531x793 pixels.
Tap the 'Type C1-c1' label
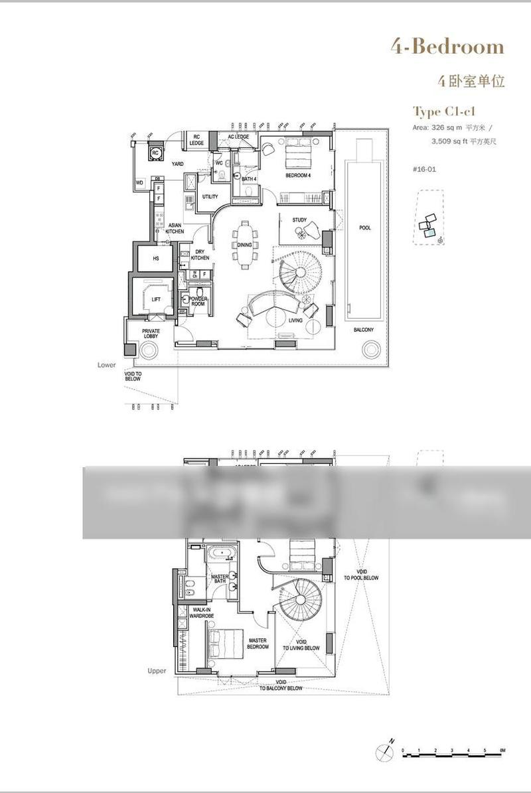pos(444,111)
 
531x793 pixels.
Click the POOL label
pos(365,228)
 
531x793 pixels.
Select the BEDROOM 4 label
pos(298,175)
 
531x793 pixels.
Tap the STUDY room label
pos(299,220)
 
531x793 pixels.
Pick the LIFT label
pos(156,299)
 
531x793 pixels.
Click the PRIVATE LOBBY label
pos(151,334)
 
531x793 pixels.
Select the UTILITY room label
pos(210,196)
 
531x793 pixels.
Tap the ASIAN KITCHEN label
pos(175,228)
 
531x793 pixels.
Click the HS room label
pos(156,259)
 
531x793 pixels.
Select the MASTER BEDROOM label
pos(257,644)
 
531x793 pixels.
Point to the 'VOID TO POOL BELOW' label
pos(361,575)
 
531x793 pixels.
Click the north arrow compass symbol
pos(384,751)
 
